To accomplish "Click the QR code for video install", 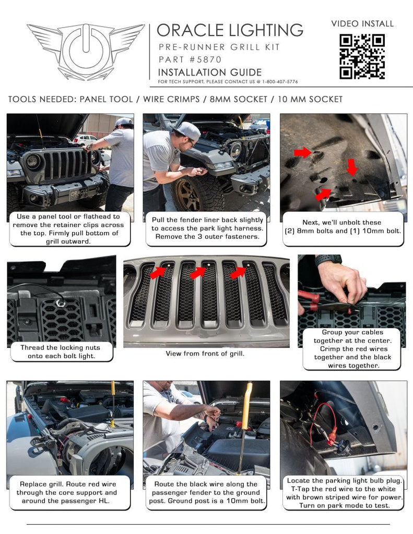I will [x=362, y=56].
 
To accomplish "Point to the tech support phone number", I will [x=276, y=82].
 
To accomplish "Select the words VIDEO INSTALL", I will [x=362, y=23].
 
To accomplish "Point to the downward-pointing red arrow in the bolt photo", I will [x=353, y=167].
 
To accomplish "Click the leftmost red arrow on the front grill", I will [x=158, y=272].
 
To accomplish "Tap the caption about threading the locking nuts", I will [x=62, y=351].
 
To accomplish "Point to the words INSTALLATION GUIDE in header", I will [x=209, y=72].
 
